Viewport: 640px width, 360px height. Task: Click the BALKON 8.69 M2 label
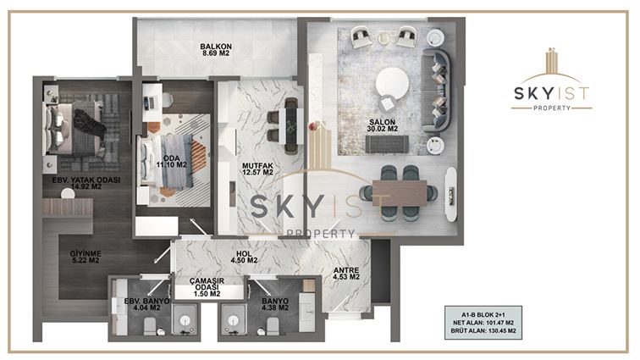(216, 50)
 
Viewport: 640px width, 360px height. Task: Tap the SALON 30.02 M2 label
(382, 125)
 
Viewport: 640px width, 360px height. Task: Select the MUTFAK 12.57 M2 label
(257, 169)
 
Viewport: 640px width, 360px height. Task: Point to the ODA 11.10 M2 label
(171, 162)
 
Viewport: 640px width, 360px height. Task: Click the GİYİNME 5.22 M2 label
(86, 257)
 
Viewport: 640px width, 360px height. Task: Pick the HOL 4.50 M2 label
(244, 257)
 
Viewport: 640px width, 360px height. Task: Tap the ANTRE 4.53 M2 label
(346, 274)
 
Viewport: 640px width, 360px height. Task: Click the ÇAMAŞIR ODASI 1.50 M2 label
(207, 287)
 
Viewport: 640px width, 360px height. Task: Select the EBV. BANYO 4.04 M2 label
(146, 304)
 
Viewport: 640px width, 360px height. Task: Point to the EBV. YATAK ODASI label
(86, 180)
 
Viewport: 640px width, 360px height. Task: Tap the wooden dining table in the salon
(400, 192)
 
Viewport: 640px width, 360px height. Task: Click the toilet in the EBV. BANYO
(150, 325)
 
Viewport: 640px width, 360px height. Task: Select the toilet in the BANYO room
(273, 326)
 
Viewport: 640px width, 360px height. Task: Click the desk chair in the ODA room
(168, 100)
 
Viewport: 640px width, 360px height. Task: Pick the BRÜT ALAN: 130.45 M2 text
(483, 330)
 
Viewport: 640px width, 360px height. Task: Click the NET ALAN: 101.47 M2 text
(483, 323)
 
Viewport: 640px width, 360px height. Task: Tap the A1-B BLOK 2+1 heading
(483, 314)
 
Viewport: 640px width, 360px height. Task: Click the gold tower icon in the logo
(552, 61)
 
